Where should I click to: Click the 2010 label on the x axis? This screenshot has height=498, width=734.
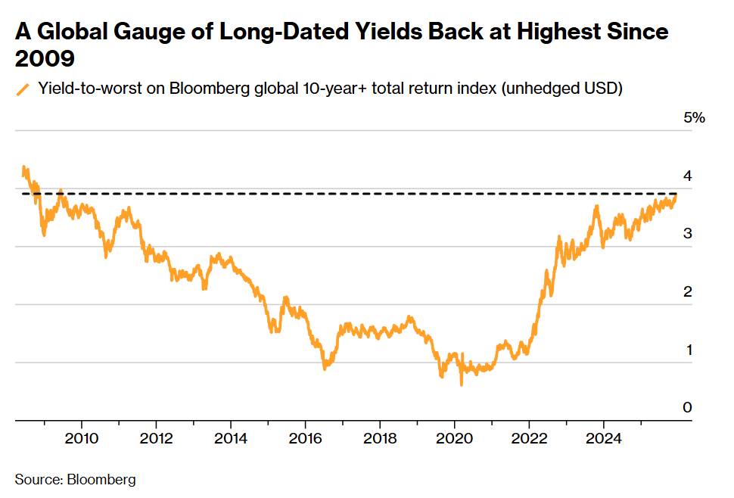tap(82, 438)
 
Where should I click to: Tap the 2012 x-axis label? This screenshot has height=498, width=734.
tap(157, 438)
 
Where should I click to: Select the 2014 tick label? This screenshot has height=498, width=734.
tap(231, 438)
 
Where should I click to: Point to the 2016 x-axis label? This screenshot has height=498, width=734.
tap(305, 438)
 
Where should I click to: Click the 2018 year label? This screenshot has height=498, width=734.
tap(380, 438)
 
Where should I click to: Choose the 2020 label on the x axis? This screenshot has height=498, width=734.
tap(455, 438)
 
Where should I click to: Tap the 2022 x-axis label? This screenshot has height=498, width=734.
tap(529, 438)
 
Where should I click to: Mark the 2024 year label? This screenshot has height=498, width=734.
tap(604, 438)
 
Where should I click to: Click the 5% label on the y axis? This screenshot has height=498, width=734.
tap(694, 117)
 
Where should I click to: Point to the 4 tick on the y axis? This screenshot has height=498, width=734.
tap(688, 176)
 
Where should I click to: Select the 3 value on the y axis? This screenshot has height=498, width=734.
tap(688, 234)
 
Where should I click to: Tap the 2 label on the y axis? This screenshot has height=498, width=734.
tap(688, 291)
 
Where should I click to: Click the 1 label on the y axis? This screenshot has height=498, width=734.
tap(689, 350)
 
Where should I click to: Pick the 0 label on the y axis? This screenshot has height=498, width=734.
tap(688, 407)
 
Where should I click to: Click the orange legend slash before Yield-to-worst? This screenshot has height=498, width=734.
tap(23, 89)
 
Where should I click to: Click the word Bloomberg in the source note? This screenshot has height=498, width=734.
tap(101, 480)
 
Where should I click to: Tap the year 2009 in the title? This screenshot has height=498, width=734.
tap(45, 59)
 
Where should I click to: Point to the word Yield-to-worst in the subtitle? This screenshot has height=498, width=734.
tap(90, 88)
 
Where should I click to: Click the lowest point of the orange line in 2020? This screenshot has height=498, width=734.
tap(462, 384)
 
